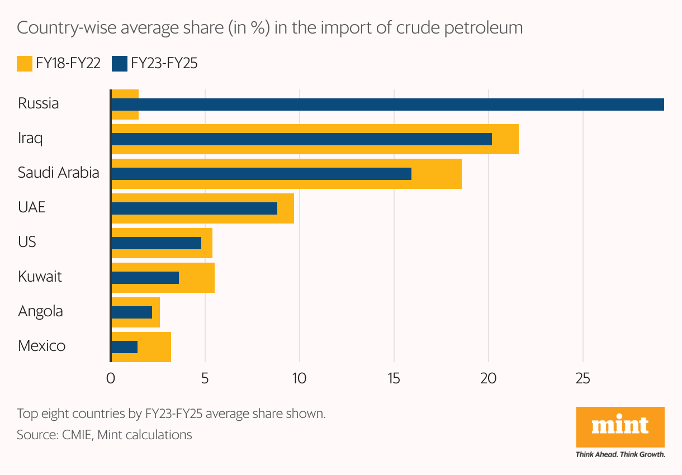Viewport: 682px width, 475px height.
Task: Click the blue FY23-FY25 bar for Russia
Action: [x=387, y=104]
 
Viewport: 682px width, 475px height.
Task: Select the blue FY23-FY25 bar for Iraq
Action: [x=301, y=139]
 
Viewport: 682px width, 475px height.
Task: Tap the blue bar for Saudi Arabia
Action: [x=261, y=174]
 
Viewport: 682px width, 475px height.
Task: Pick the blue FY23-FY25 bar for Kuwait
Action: [x=145, y=278]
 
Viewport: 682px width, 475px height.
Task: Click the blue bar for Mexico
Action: [x=124, y=347]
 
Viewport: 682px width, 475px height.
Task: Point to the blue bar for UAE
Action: [x=194, y=208]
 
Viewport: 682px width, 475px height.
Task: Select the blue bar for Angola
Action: [x=131, y=312]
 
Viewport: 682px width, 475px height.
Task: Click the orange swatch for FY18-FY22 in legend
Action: [x=25, y=63]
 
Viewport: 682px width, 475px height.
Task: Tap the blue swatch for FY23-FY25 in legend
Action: [x=120, y=63]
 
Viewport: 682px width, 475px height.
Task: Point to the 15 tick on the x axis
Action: [x=394, y=378]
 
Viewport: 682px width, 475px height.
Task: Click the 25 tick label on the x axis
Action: [x=583, y=378]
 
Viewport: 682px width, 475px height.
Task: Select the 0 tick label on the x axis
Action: [x=111, y=378]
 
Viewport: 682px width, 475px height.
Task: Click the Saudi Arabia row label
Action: [x=58, y=173]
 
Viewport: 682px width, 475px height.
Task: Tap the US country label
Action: [x=27, y=242]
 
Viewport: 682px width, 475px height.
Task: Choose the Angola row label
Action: [x=40, y=311]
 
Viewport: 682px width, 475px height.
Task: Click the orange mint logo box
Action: [x=620, y=427]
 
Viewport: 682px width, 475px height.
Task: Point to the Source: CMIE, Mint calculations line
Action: [x=104, y=435]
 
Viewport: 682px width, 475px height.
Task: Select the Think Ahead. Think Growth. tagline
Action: [x=620, y=454]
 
